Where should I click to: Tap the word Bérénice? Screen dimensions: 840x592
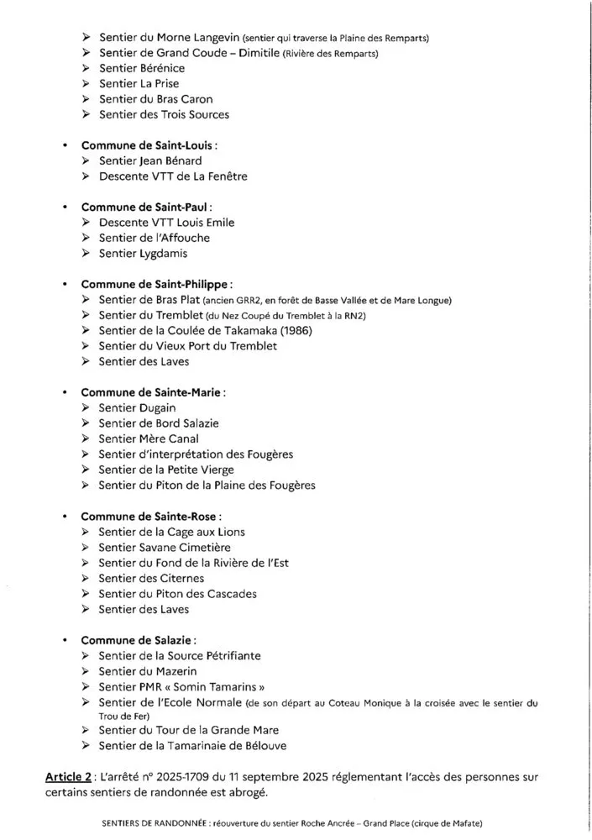[160, 68]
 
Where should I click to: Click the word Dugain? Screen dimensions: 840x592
[157, 408]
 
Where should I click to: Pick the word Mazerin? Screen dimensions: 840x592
[173, 671]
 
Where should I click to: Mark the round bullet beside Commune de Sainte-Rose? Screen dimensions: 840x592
[65, 517]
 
